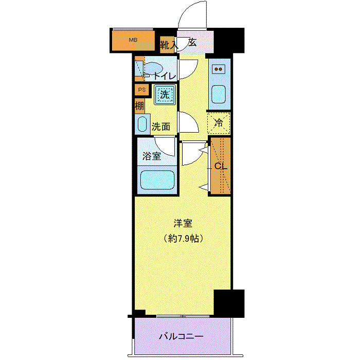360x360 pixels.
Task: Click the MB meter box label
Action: pyautogui.click(x=133, y=40)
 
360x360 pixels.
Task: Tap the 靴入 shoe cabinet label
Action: pyautogui.click(x=168, y=45)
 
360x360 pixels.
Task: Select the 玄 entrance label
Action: pyautogui.click(x=192, y=43)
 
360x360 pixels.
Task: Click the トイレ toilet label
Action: pyautogui.click(x=164, y=76)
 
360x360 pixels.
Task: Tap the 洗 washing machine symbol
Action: pyautogui.click(x=165, y=94)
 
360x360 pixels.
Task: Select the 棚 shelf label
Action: pyautogui.click(x=139, y=106)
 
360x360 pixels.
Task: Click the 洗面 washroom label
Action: pyautogui.click(x=161, y=126)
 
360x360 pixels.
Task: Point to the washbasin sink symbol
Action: pyautogui.click(x=141, y=124)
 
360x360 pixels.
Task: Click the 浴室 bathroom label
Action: pyautogui.click(x=152, y=156)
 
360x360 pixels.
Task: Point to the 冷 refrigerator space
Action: pyautogui.click(x=219, y=123)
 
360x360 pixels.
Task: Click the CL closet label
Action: pyautogui.click(x=221, y=166)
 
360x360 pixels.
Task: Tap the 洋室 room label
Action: pyautogui.click(x=183, y=224)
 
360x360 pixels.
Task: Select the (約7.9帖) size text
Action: pyautogui.click(x=183, y=239)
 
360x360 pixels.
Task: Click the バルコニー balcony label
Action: pyautogui.click(x=181, y=337)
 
